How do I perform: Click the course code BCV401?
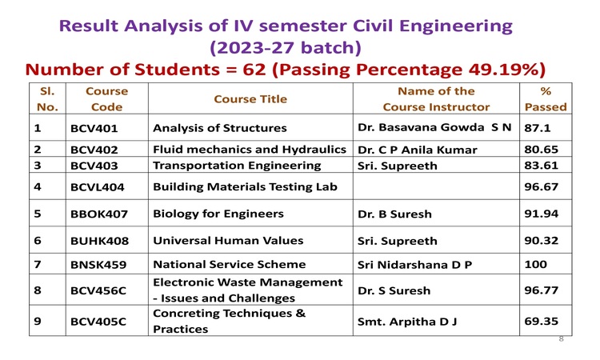[94, 128]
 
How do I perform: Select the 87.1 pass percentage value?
[538, 128]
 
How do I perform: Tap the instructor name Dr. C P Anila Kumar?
[417, 150]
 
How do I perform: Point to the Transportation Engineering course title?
[237, 166]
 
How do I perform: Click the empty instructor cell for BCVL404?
[436, 186]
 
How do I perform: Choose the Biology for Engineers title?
[218, 214]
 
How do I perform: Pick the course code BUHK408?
[99, 241]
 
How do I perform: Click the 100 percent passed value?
[536, 264]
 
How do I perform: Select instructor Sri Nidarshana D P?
[414, 264]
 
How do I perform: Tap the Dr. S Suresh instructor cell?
[394, 290]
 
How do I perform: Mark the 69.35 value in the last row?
[541, 321]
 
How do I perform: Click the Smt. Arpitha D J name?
[407, 322]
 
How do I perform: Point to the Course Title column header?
[250, 99]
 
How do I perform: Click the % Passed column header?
[546, 99]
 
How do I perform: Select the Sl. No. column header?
[47, 99]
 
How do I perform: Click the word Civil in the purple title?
[374, 26]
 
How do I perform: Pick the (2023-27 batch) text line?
[286, 48]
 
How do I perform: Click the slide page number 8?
[562, 338]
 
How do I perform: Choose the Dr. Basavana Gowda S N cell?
[434, 127]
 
